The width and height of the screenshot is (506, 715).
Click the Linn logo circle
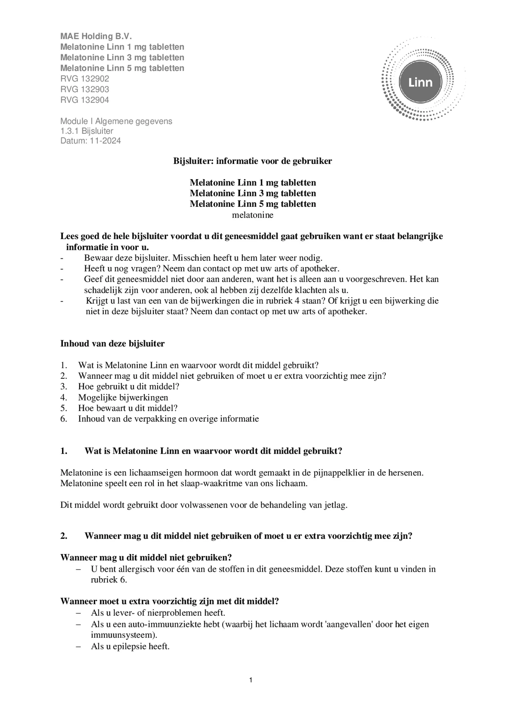(x=420, y=82)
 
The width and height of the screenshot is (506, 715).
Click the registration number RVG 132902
(x=85, y=79)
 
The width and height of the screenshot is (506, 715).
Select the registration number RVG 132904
(x=85, y=100)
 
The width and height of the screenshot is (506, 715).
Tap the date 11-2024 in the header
(x=105, y=141)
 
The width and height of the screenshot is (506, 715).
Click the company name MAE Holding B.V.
(x=96, y=36)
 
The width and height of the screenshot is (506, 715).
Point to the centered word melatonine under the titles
(x=253, y=215)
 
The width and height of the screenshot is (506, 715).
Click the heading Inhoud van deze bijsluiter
(x=112, y=344)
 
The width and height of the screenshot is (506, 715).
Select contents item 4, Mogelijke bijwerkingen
(x=123, y=397)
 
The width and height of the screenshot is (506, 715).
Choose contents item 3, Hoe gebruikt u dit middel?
(x=128, y=387)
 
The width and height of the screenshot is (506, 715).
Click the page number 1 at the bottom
(x=251, y=680)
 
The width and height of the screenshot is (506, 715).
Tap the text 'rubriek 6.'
(x=109, y=580)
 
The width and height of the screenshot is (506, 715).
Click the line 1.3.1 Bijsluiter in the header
(x=87, y=131)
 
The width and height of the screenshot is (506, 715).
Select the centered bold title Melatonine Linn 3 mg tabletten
(x=253, y=193)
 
